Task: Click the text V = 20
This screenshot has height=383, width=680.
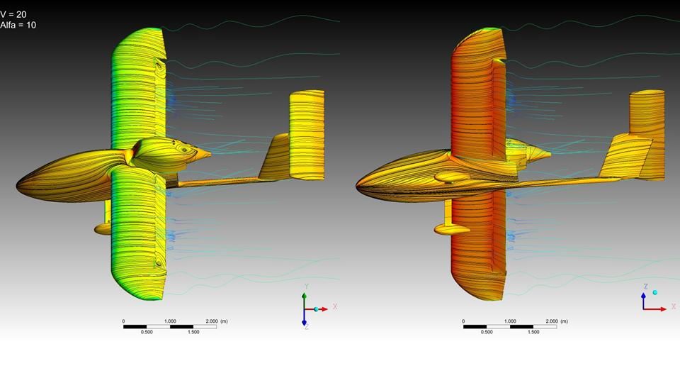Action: coord(13,15)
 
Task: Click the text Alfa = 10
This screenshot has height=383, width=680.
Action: coord(18,26)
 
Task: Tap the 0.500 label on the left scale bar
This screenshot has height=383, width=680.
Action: coord(147,332)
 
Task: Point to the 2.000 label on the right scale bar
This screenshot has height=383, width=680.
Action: coord(552,321)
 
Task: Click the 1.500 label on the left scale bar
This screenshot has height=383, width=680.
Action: coord(193,332)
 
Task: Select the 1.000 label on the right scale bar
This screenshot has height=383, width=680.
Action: coord(510,321)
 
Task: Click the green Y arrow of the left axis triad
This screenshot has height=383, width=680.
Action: coord(305,301)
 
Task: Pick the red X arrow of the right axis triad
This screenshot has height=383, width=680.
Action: coord(654,309)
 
